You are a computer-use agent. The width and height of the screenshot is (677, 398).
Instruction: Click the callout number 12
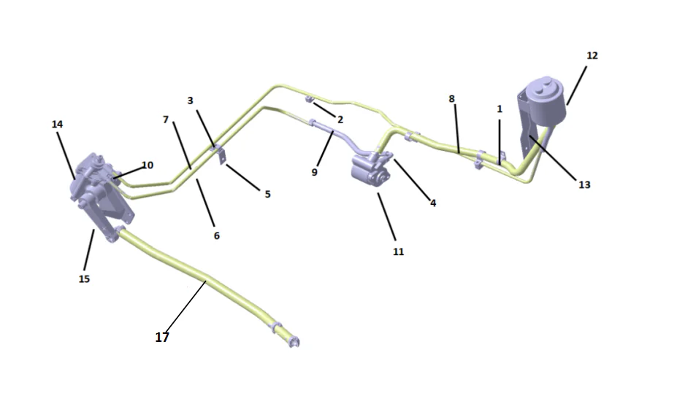tap(592, 55)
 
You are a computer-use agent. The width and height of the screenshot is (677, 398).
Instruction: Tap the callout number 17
tap(162, 337)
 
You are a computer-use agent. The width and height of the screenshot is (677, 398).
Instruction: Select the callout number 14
tap(58, 125)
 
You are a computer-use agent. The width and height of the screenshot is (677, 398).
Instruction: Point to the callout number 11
tap(398, 251)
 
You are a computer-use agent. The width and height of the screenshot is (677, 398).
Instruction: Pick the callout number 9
tap(315, 173)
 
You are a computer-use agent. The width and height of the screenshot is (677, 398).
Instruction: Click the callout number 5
tap(267, 195)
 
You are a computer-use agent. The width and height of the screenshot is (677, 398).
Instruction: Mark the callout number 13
tap(584, 185)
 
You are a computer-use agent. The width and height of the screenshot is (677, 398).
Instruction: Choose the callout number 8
tap(452, 98)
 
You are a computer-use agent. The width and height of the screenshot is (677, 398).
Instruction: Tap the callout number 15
tap(84, 278)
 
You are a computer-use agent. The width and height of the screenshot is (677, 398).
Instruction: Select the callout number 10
tap(147, 165)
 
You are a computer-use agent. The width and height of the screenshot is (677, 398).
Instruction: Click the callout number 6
tap(216, 235)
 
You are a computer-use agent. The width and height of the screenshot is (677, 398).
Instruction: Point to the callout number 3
tap(191, 100)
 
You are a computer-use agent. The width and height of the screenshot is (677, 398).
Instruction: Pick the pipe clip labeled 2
tap(310, 99)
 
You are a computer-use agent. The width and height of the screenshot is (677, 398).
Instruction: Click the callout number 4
tap(433, 203)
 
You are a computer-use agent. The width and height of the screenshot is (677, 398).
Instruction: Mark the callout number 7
tap(166, 119)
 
